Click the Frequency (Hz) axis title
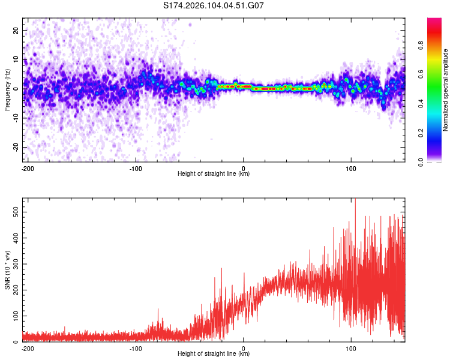[7, 90]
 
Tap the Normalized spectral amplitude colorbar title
[446, 91]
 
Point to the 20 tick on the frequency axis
[16, 30]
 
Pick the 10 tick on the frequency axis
[16, 59]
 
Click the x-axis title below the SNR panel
[214, 354]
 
